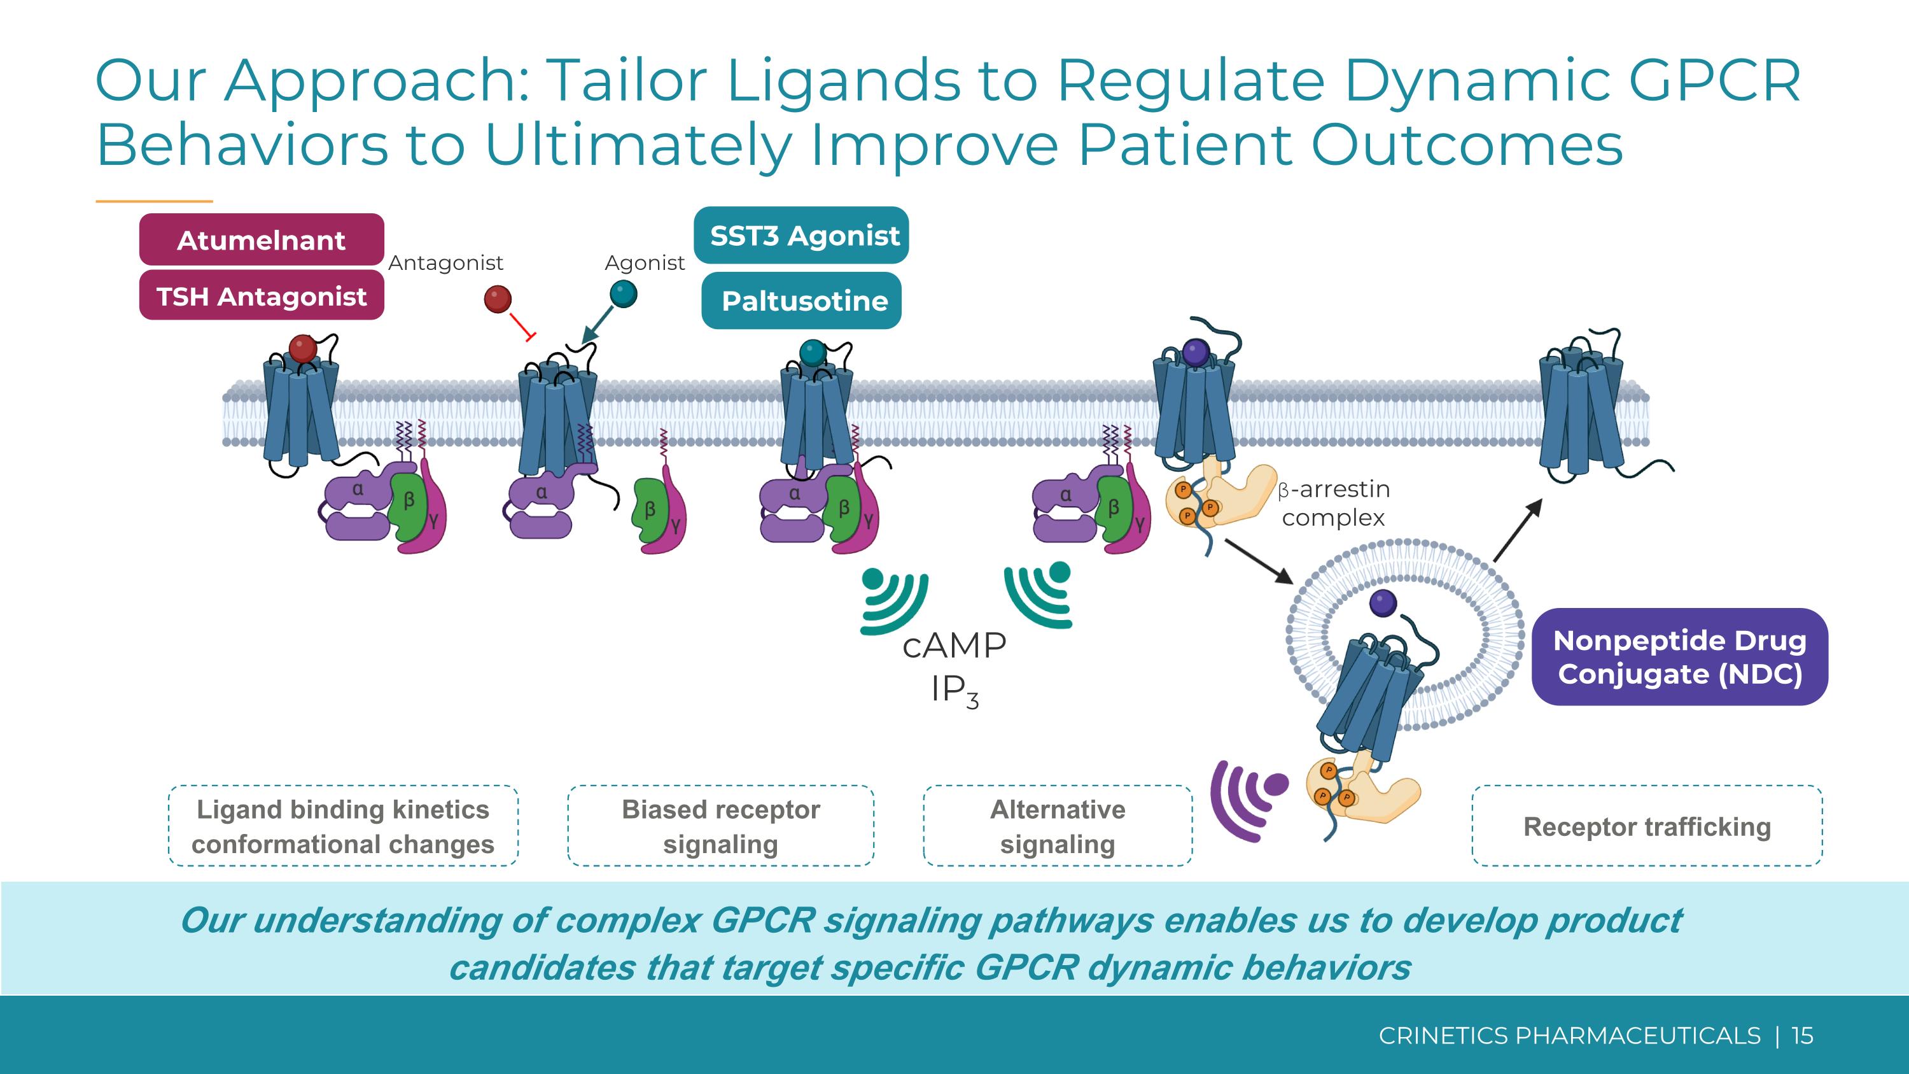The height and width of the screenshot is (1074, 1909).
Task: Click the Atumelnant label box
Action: click(x=261, y=239)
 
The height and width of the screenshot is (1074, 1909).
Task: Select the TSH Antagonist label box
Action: click(x=261, y=296)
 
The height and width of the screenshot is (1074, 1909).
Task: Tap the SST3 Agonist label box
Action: click(x=801, y=235)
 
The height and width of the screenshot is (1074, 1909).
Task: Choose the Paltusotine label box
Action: click(x=801, y=300)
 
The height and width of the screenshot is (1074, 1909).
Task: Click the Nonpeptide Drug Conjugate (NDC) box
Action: click(x=1679, y=657)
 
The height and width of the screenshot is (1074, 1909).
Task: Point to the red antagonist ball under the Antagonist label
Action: click(x=497, y=299)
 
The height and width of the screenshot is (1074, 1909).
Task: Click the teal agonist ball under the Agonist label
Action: click(x=623, y=294)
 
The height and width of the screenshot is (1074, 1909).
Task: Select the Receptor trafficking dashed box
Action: click(x=1647, y=826)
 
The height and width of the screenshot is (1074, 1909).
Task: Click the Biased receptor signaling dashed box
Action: click(x=720, y=826)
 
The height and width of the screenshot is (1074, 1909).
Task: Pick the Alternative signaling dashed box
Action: click(x=1058, y=826)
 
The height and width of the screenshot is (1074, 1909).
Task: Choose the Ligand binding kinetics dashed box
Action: click(x=342, y=826)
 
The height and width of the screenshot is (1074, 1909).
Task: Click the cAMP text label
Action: click(x=954, y=646)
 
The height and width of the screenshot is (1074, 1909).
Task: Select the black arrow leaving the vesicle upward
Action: click(x=1517, y=530)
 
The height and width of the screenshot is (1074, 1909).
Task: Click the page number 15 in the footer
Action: click(x=1802, y=1035)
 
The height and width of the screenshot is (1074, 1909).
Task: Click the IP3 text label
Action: click(x=954, y=691)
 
